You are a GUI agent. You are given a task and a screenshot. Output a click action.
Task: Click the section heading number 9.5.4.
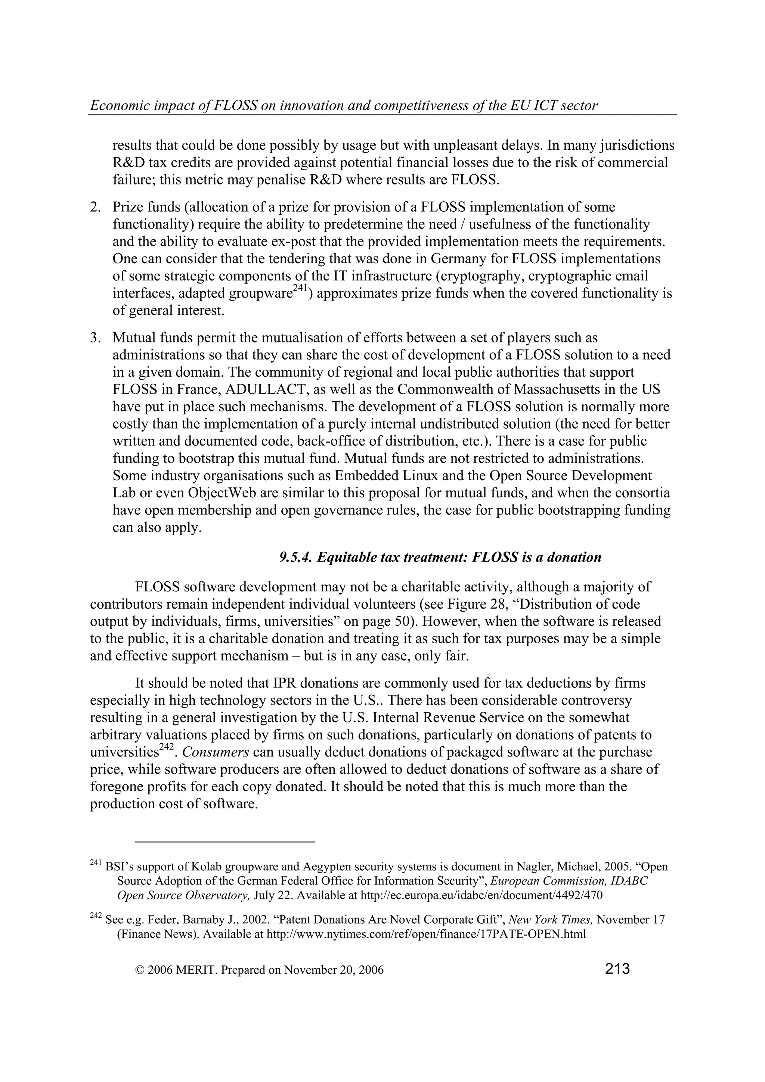tap(295, 557)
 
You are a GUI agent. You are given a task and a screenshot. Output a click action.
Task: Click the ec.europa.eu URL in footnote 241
tap(481, 895)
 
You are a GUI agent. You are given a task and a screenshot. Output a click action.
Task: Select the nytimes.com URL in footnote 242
tap(426, 935)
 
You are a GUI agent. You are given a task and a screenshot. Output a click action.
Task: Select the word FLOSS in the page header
tap(235, 106)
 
